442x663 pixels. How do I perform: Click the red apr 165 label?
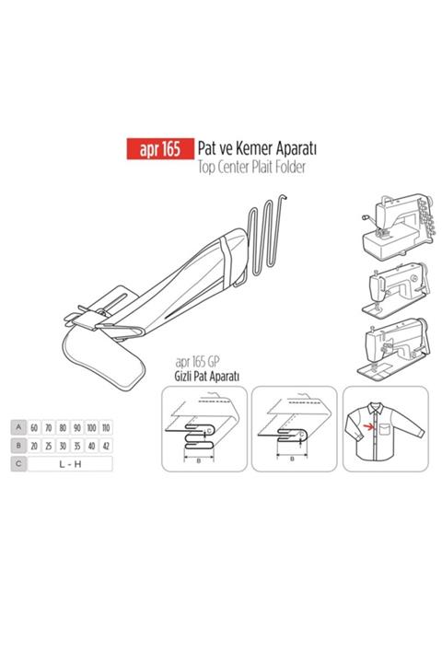pyautogui.click(x=160, y=149)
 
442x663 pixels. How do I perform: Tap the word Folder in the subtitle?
pyautogui.click(x=290, y=167)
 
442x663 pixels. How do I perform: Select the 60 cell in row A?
pyautogui.click(x=34, y=427)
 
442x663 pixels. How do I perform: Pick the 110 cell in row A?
pyautogui.click(x=106, y=427)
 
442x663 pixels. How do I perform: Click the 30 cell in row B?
pyautogui.click(x=63, y=446)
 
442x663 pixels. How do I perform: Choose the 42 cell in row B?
pyautogui.click(x=106, y=446)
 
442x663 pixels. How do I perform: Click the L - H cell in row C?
pyautogui.click(x=70, y=464)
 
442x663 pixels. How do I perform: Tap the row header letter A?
pyautogui.click(x=18, y=427)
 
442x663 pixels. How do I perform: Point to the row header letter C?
pyautogui.click(x=18, y=464)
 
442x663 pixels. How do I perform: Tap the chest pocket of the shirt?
pyautogui.click(x=385, y=428)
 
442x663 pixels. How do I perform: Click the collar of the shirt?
pyautogui.click(x=375, y=408)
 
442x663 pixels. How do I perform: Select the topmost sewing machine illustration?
pyautogui.click(x=398, y=227)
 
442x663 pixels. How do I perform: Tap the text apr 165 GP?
pyautogui.click(x=198, y=362)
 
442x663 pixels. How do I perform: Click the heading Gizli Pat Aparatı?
pyautogui.click(x=207, y=376)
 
